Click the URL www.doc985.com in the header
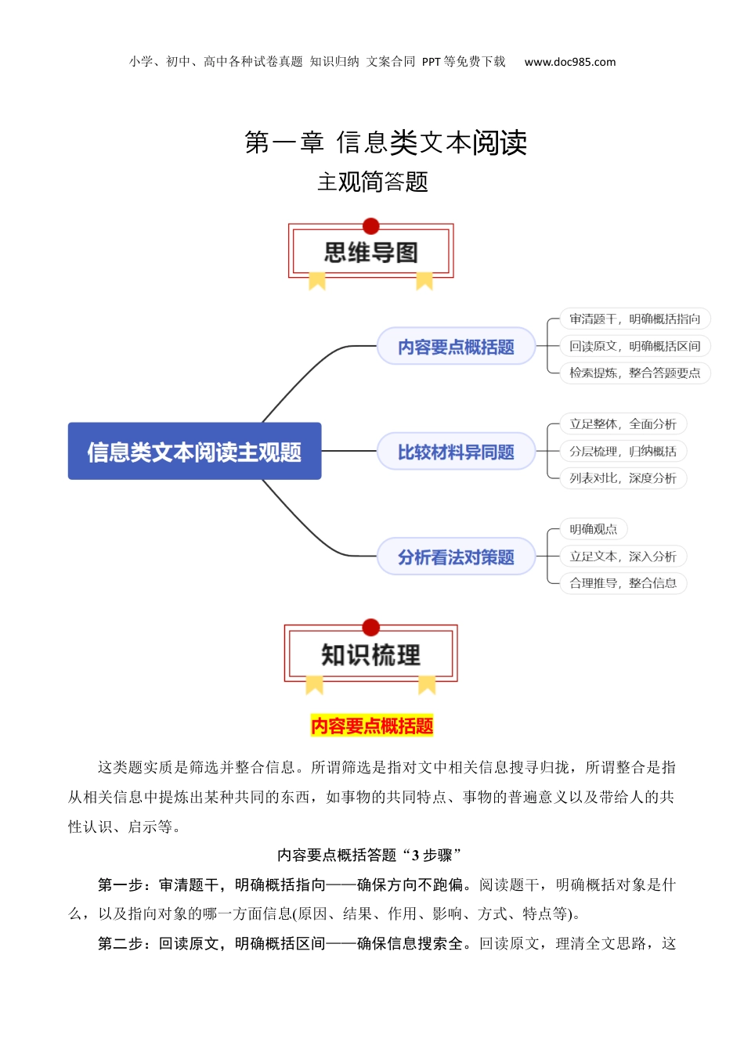click(569, 62)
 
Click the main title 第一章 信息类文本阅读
click(385, 142)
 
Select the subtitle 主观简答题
click(373, 182)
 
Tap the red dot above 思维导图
click(371, 226)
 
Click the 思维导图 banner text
click(371, 253)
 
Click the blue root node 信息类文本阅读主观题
click(194, 452)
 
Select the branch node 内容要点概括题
click(456, 347)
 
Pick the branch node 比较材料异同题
click(456, 452)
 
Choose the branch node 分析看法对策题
click(456, 557)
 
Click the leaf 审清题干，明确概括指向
click(634, 319)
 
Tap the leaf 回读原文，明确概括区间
click(634, 346)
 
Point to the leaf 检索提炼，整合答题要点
click(634, 373)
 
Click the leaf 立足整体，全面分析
click(623, 424)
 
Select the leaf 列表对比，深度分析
click(623, 477)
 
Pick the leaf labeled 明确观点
click(593, 529)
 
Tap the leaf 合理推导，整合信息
click(623, 583)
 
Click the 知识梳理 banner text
click(371, 655)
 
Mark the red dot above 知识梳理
click(371, 627)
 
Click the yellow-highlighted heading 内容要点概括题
click(372, 726)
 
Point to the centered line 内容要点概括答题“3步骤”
click(370, 856)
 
